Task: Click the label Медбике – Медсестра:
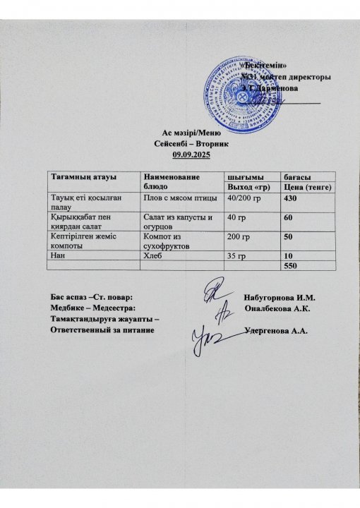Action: coord(90,308)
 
